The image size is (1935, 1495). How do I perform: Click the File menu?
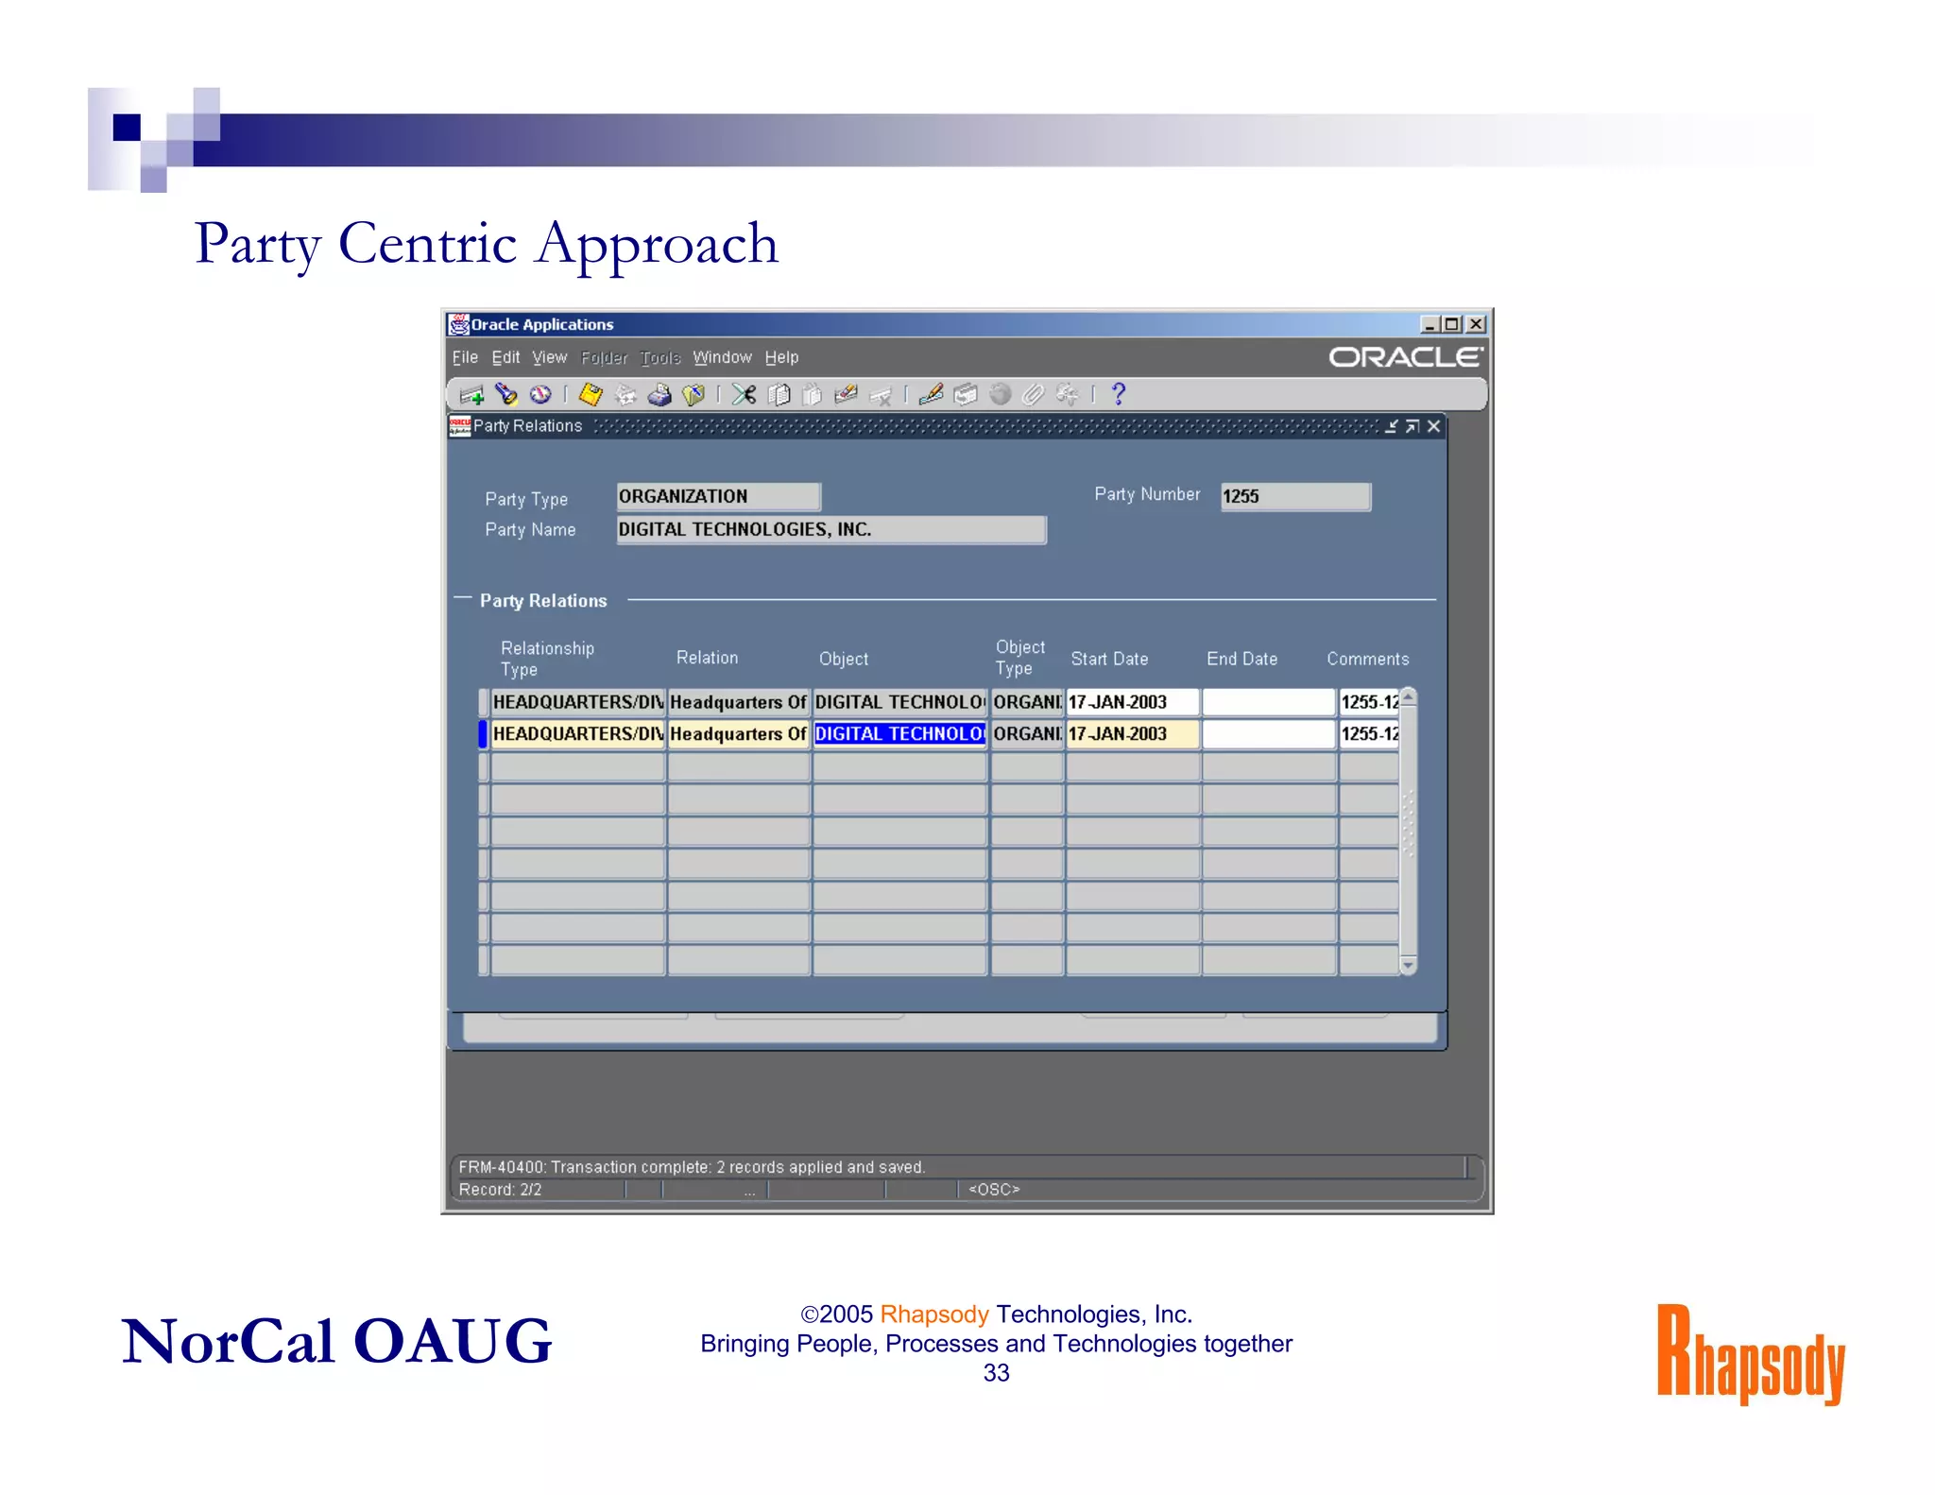tap(464, 357)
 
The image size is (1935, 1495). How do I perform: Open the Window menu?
tap(722, 357)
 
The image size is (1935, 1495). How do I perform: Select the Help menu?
tap(781, 357)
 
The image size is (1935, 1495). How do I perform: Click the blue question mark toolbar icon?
tap(1119, 394)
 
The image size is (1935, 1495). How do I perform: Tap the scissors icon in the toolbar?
tap(744, 394)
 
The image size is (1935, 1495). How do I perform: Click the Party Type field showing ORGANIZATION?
tap(718, 496)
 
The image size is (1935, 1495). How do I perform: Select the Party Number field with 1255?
tap(1294, 496)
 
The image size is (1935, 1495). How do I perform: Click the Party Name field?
tap(831, 529)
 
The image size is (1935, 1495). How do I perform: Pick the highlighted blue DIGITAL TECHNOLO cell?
tap(899, 733)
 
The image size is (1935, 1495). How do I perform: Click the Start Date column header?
tap(1109, 659)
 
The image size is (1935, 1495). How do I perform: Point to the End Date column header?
tap(1241, 659)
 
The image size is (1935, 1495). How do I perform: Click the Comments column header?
tap(1367, 659)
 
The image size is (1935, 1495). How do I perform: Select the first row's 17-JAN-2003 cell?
tap(1131, 702)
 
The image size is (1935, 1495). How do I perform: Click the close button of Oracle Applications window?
tap(1476, 324)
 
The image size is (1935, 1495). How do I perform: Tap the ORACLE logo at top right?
tap(1405, 357)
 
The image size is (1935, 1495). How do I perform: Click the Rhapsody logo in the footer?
tap(1750, 1352)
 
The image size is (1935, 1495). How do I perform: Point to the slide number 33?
tap(996, 1373)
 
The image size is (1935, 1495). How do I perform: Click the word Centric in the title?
tap(427, 244)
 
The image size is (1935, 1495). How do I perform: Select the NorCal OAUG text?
tap(336, 1341)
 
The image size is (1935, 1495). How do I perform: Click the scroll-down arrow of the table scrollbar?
tap(1408, 965)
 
